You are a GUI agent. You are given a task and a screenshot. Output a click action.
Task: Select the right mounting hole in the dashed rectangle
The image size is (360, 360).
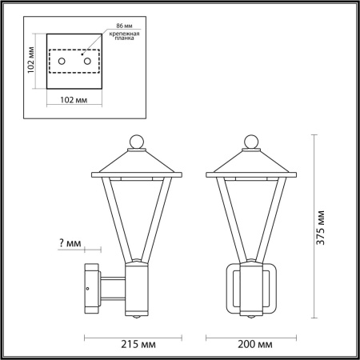85,61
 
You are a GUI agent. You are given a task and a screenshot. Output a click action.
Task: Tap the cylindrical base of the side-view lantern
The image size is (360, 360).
139,290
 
